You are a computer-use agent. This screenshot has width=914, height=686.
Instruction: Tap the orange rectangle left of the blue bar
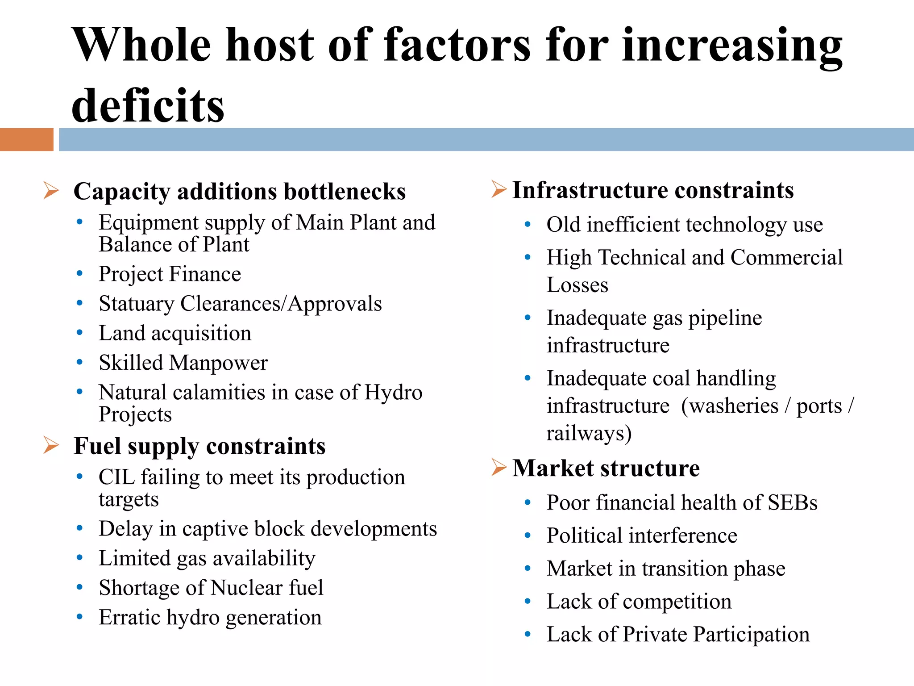point(26,139)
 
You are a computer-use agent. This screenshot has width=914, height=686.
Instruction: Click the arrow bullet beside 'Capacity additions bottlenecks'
point(51,191)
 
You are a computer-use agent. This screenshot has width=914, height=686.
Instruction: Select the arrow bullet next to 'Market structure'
point(499,467)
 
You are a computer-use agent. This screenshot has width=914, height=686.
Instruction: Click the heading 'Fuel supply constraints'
point(199,446)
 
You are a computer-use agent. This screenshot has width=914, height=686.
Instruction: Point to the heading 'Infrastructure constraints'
point(653,190)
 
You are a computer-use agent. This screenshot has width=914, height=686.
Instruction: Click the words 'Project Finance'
point(170,274)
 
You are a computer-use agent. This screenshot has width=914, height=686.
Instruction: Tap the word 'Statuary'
point(137,304)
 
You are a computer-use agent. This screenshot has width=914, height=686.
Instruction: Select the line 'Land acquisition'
point(175,333)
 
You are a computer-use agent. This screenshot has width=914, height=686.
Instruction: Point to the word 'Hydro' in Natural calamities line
point(393,392)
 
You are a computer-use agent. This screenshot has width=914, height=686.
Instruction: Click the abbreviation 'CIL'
point(116,477)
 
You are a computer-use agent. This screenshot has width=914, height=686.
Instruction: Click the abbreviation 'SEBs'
point(792,502)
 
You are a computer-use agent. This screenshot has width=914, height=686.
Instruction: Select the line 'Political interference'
point(642,535)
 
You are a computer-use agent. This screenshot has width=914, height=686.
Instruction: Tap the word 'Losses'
point(577,285)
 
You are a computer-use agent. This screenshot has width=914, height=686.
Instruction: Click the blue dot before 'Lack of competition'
point(528,602)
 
